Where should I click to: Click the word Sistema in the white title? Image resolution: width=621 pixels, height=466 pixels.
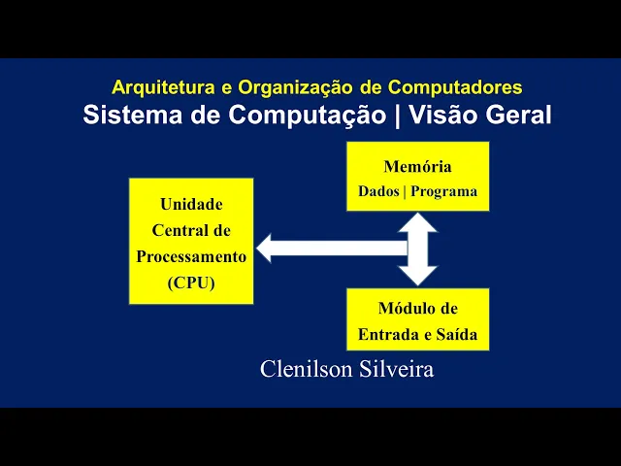(x=122, y=115)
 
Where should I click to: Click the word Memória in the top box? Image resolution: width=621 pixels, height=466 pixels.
(x=417, y=167)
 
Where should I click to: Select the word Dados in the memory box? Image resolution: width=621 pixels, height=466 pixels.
(x=378, y=191)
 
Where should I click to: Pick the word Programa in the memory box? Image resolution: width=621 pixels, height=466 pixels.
(x=443, y=191)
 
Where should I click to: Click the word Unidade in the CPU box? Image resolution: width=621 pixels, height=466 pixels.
(x=191, y=205)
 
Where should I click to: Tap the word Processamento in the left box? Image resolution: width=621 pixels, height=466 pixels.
(x=191, y=257)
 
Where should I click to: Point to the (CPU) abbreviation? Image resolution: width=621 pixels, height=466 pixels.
(x=191, y=283)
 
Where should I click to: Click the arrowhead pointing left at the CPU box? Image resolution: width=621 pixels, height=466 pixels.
(x=268, y=249)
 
